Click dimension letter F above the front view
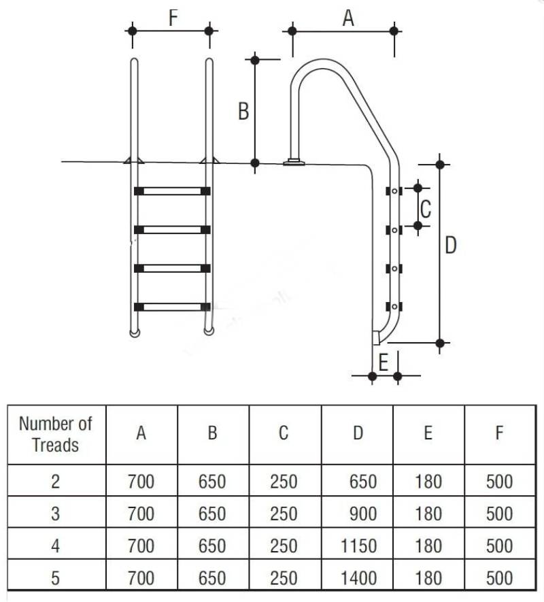point(173,18)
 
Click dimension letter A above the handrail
point(348,18)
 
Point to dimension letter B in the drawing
point(243,112)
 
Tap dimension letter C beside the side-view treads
point(426,210)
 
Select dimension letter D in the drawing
point(451,245)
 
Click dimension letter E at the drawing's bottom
point(383,363)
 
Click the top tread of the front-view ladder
point(172,191)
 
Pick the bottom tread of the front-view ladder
point(172,307)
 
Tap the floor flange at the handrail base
point(294,163)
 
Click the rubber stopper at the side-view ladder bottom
point(375,338)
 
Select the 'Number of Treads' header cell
point(56,434)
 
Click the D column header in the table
point(358,433)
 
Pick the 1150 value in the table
point(358,546)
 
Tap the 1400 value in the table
point(358,578)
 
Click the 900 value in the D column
point(363,514)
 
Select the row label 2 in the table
point(56,482)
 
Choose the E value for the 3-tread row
point(428,514)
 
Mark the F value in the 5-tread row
point(500,578)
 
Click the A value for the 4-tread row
point(141,546)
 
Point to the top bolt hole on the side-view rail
point(394,191)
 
